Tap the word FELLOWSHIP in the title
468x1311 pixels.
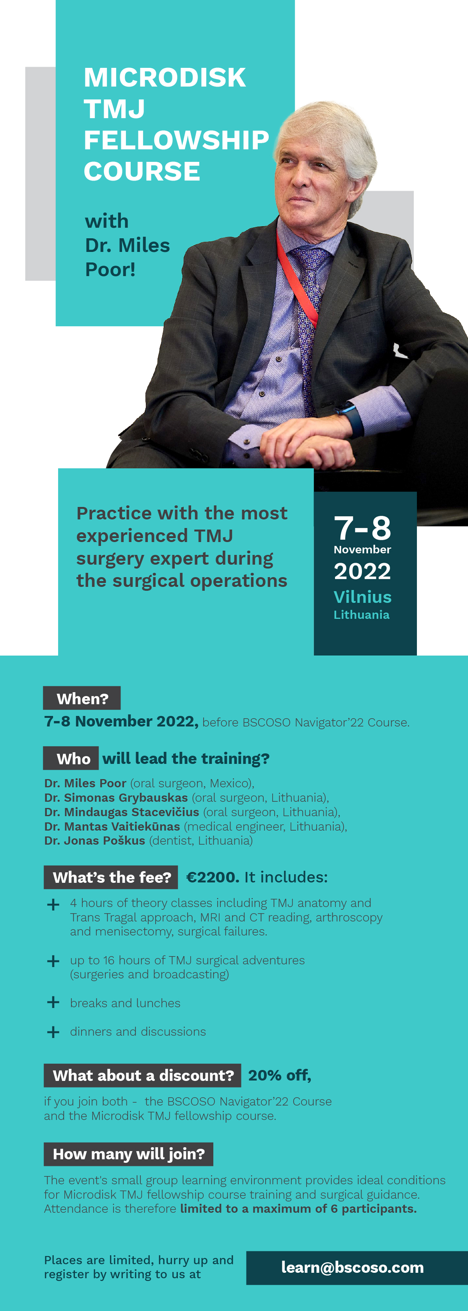pyautogui.click(x=176, y=140)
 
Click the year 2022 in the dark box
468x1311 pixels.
pyautogui.click(x=362, y=571)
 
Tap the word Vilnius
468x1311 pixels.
pyautogui.click(x=362, y=597)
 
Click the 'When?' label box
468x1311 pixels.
pyautogui.click(x=82, y=698)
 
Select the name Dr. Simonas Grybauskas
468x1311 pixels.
pyautogui.click(x=116, y=798)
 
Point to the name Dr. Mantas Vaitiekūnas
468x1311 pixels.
pyautogui.click(x=112, y=826)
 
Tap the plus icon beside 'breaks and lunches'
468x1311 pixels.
pyautogui.click(x=53, y=1002)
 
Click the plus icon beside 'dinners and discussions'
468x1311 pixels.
pyautogui.click(x=53, y=1031)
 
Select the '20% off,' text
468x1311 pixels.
pyautogui.click(x=280, y=1075)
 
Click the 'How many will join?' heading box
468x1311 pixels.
pyautogui.click(x=128, y=1154)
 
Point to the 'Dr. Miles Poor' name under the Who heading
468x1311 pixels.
pyautogui.click(x=85, y=783)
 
